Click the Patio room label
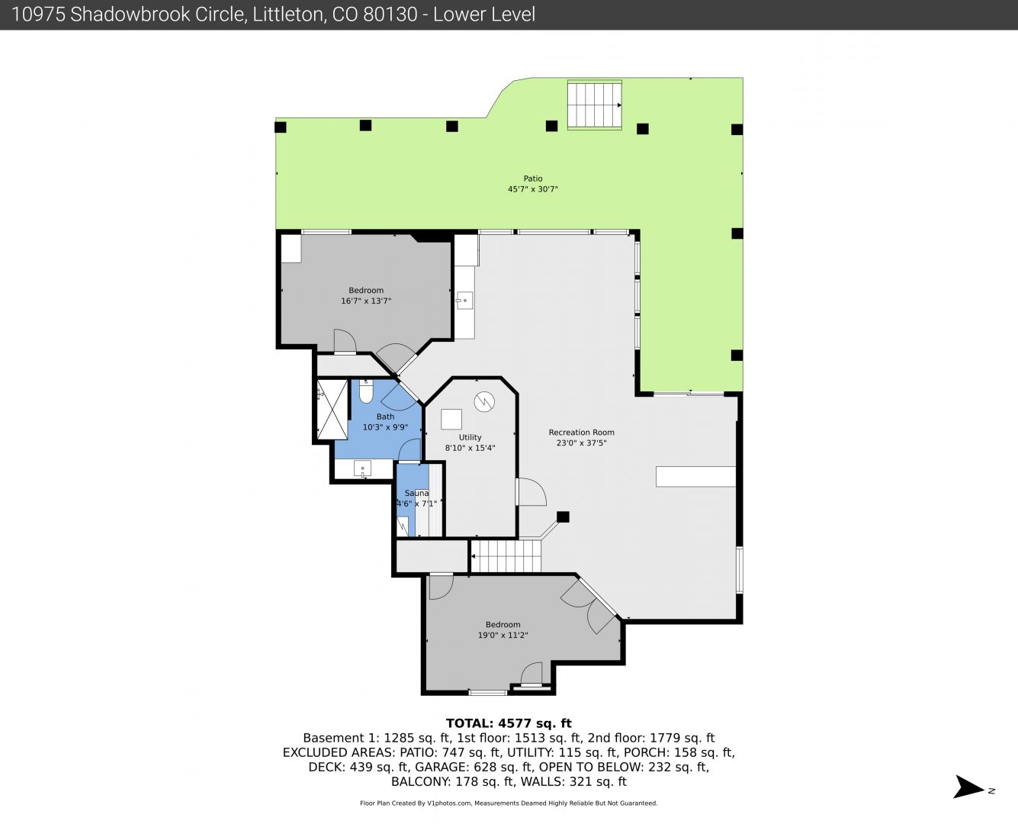[532, 179]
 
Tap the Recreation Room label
[581, 433]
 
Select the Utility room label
[470, 438]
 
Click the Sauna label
[416, 493]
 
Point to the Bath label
[385, 417]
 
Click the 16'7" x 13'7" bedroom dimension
[366, 301]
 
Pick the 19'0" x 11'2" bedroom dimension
[503, 635]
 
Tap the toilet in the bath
[365, 391]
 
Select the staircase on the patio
[595, 105]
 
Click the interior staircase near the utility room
[506, 556]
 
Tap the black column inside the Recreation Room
[563, 517]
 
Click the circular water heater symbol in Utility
[484, 402]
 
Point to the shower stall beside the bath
[332, 410]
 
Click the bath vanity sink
[363, 468]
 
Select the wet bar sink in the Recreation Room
[464, 301]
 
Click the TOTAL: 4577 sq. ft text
[509, 723]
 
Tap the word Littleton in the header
[289, 14]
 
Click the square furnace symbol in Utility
[451, 420]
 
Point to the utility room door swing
[531, 491]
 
